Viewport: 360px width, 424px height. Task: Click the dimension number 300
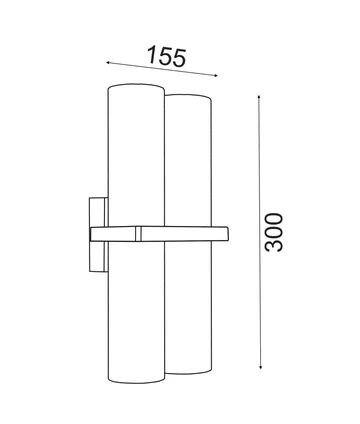coord(275,232)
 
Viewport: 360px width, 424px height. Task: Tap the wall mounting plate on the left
coord(97,233)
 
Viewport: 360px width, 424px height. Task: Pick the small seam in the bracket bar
coord(138,234)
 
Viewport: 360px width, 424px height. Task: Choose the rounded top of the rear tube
coord(189,97)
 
